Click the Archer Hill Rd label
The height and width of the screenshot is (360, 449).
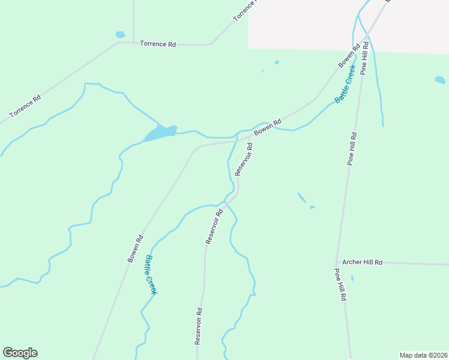(362, 262)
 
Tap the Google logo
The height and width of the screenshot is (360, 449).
(20, 353)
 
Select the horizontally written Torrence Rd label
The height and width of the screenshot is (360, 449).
(157, 44)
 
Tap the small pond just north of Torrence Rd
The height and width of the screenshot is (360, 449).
(120, 35)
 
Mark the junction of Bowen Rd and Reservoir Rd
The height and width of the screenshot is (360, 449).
(250, 137)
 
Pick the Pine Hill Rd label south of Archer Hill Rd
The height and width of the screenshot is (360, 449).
(340, 284)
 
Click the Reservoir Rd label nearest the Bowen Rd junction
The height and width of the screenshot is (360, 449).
(244, 158)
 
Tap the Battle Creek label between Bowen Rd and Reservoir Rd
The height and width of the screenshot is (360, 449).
(151, 275)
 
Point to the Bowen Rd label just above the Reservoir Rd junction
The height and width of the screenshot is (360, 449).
(267, 127)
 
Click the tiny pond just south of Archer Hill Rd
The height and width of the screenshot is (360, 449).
(352, 278)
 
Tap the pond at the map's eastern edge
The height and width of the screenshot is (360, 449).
(440, 80)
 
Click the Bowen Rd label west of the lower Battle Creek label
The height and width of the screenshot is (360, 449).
(135, 248)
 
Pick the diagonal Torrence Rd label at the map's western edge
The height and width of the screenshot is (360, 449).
(25, 106)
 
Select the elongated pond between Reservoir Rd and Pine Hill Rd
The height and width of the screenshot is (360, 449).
(301, 197)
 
